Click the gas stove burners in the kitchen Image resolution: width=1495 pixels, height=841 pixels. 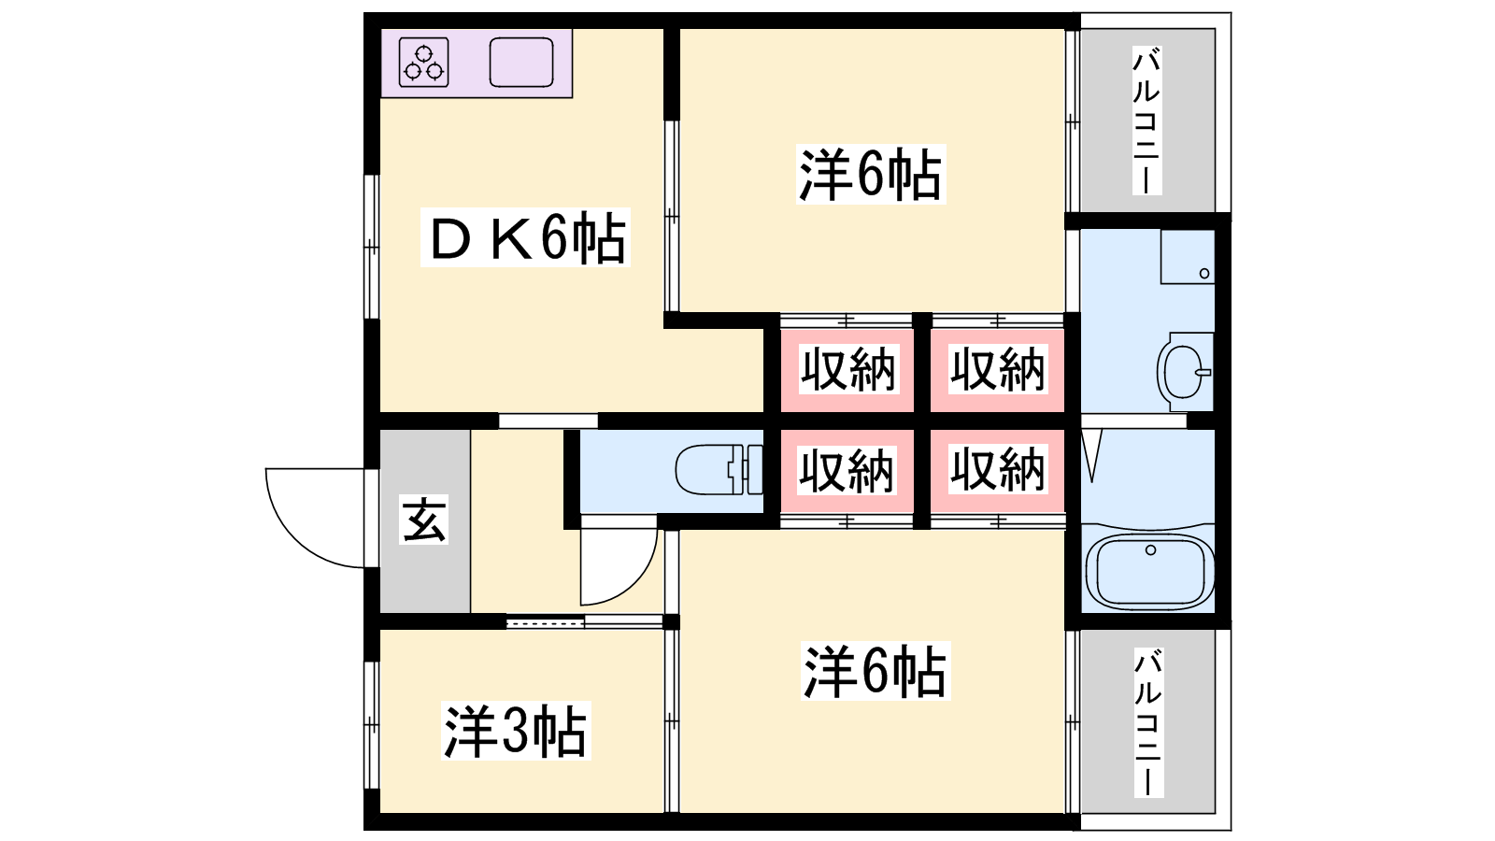[424, 62]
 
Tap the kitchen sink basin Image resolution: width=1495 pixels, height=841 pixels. [521, 62]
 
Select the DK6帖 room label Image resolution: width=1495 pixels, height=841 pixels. [526, 238]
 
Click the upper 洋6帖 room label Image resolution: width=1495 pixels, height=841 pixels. [871, 174]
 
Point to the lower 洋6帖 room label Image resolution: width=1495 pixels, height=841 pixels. [876, 671]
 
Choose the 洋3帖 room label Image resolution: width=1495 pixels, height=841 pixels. [516, 731]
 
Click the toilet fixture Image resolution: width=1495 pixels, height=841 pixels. [719, 469]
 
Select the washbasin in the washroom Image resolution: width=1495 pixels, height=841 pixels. [1186, 372]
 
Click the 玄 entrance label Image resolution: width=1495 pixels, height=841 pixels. [424, 520]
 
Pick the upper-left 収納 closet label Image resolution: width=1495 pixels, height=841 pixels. [847, 369]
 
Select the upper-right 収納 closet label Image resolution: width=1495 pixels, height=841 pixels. [998, 369]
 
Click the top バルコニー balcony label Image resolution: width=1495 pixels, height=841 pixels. [1147, 121]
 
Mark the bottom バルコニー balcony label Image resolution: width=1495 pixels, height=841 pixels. [1148, 722]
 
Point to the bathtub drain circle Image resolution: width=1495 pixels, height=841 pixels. [1150, 550]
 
